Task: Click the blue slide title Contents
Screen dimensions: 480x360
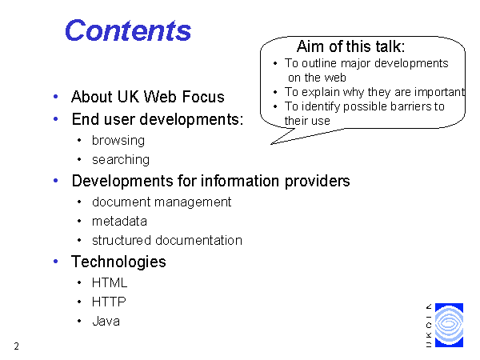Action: (x=128, y=30)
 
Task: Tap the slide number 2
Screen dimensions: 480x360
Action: (x=17, y=346)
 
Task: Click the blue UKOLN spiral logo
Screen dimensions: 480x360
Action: (x=449, y=325)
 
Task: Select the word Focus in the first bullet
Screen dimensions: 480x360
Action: (x=203, y=97)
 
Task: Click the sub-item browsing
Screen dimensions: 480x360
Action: (x=118, y=141)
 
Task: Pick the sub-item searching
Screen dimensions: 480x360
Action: (x=121, y=160)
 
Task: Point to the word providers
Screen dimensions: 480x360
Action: (x=317, y=182)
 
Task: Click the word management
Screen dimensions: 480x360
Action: (x=193, y=202)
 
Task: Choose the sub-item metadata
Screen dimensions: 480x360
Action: (x=119, y=222)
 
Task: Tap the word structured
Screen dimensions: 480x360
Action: (x=122, y=240)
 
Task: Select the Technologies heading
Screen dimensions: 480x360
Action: (x=118, y=262)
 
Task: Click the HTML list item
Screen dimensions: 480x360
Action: (x=110, y=282)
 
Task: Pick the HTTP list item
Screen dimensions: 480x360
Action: (x=109, y=302)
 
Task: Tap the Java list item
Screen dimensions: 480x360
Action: (x=106, y=321)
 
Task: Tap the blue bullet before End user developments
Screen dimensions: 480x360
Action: (x=56, y=118)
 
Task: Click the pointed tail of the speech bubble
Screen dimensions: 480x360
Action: (x=272, y=143)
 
